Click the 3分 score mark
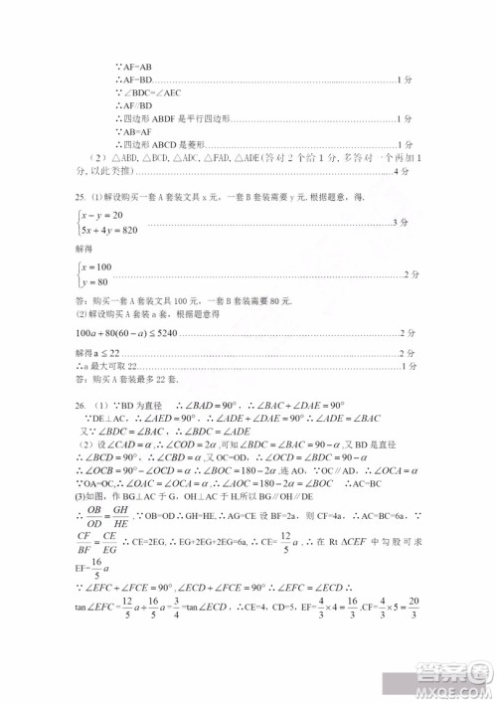tap(400, 223)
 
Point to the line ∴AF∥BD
tap(132, 104)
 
